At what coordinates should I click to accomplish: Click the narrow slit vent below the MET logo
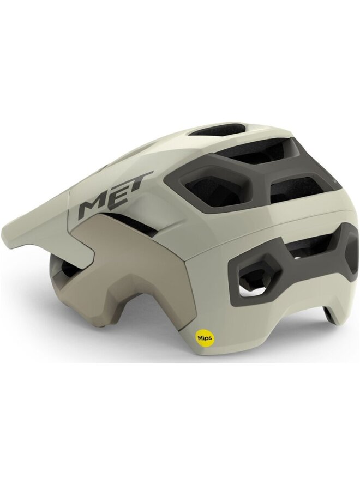[x=133, y=220]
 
